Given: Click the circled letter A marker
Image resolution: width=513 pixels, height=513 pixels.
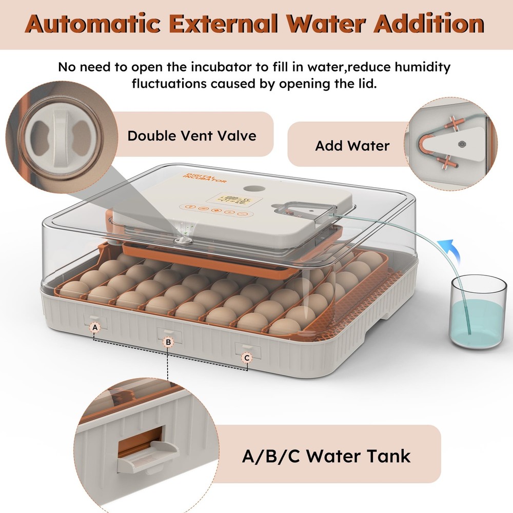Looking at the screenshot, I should click(x=94, y=327).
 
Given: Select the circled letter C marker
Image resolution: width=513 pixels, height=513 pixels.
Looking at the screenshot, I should click(x=247, y=358).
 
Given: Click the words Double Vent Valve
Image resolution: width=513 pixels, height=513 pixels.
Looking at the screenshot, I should click(x=191, y=135).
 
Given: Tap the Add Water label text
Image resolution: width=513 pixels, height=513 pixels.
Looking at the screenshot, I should click(x=352, y=146).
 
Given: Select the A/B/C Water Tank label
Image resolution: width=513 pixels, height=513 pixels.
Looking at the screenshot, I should click(x=326, y=455).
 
